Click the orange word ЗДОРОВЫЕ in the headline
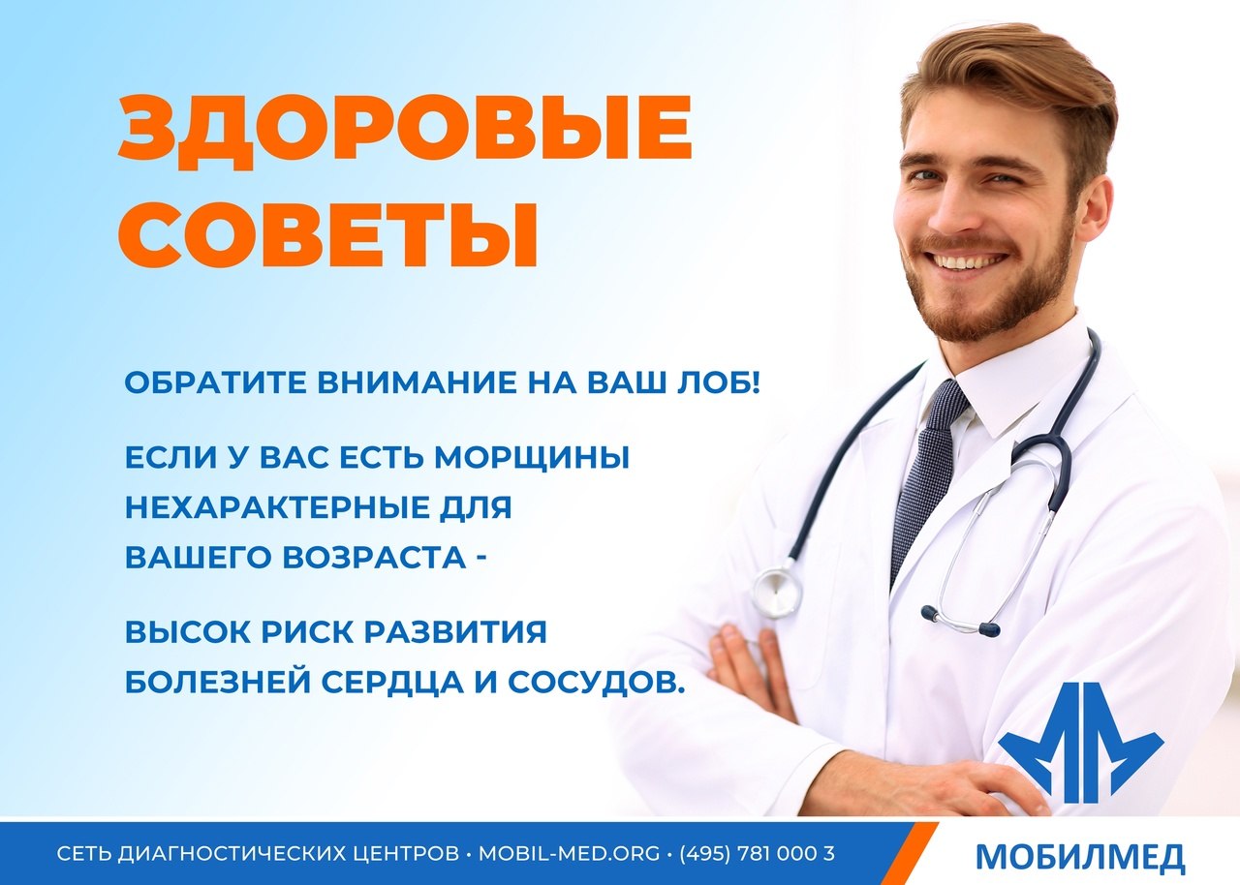405,133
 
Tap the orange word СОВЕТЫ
327,234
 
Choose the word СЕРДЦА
392,682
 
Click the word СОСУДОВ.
596,682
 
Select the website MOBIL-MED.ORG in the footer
569,853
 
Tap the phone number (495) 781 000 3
757,853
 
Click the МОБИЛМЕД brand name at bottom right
1079,857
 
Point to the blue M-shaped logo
1080,743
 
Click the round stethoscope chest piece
778,593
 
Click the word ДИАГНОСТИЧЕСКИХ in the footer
288,853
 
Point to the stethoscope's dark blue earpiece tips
961,620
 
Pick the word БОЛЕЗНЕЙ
218,682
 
